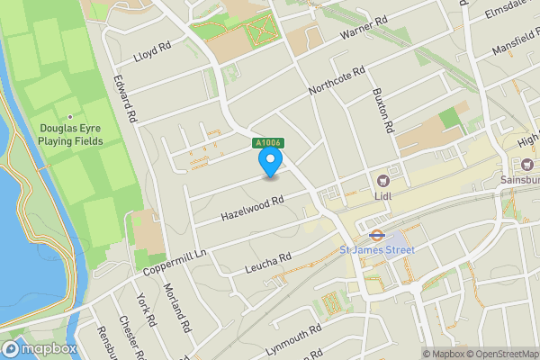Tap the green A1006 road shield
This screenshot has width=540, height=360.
pyautogui.click(x=267, y=142)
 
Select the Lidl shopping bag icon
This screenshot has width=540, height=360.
pyautogui.click(x=384, y=181)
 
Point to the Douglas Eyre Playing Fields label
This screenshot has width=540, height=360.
pyautogui.click(x=71, y=135)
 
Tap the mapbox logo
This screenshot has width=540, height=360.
pyautogui.click(x=40, y=348)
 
